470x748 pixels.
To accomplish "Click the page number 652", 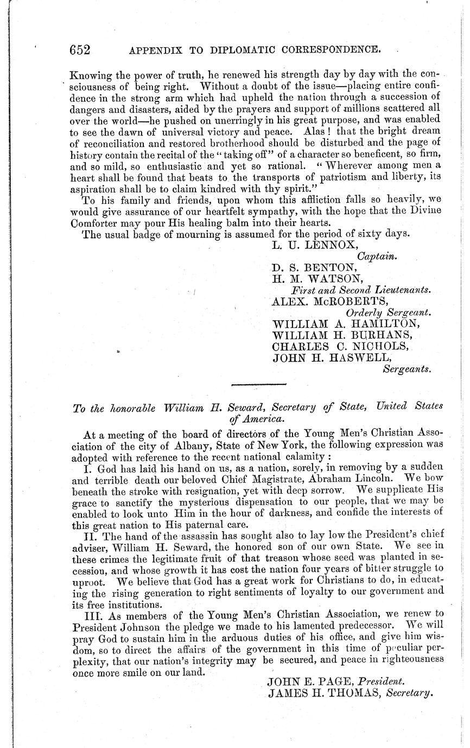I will coord(79,50).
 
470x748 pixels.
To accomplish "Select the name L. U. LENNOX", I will coord(308,245).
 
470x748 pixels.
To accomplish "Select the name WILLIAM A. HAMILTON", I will coord(345,324).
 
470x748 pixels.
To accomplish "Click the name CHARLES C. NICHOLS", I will coord(340,346).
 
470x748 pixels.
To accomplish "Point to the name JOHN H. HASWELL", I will coord(332,358).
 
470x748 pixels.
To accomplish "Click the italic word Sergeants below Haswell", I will coord(407,370).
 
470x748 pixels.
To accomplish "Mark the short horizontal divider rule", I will coord(258,385).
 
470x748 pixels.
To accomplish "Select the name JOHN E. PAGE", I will coord(310,682).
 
